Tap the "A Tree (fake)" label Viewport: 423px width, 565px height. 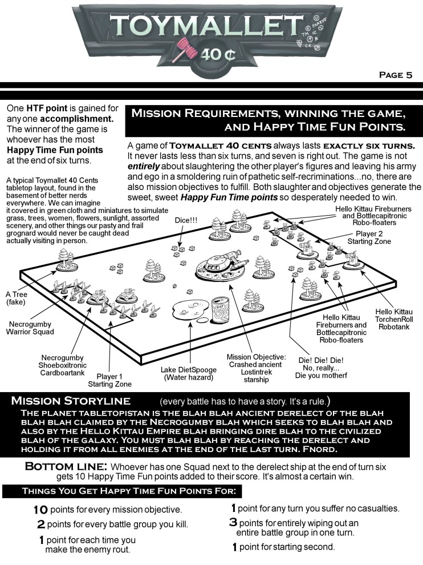17,298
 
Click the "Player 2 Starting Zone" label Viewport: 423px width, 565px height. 373,238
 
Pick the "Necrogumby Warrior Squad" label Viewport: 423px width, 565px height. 31,328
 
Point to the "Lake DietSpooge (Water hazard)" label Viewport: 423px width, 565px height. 188,373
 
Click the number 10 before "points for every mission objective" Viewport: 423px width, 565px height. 40,509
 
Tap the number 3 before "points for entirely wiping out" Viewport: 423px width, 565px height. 233,523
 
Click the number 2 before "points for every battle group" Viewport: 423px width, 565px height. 41,524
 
